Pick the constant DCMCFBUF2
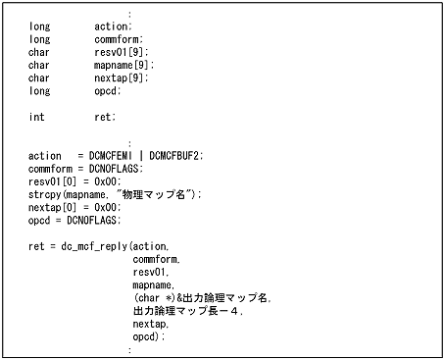pyautogui.click(x=175, y=155)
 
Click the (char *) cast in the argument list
pyautogui.click(x=152, y=297)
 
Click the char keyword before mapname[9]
pyautogui.click(x=38, y=65)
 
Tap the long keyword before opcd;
pyautogui.click(x=38, y=90)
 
